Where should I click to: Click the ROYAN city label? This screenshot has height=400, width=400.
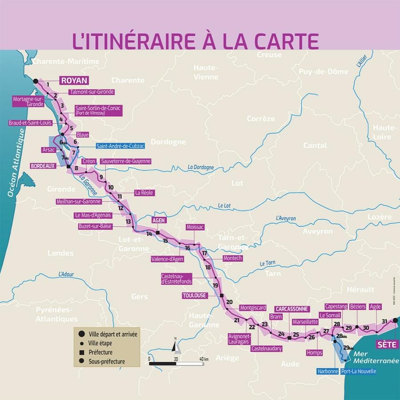point(74,80)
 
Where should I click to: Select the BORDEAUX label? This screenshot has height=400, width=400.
point(43,166)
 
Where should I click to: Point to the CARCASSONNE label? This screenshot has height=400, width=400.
point(291,309)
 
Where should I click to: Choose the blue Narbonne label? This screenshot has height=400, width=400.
point(328,371)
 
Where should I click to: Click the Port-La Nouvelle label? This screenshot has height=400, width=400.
point(359,371)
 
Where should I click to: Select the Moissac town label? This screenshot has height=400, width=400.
point(195,227)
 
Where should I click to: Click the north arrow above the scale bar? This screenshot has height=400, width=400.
point(176,345)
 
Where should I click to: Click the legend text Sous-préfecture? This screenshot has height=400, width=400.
point(107,361)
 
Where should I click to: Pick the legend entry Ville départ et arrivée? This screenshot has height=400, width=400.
point(113,334)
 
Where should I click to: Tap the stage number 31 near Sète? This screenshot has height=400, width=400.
point(384,321)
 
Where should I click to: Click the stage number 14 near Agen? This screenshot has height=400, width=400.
point(149,234)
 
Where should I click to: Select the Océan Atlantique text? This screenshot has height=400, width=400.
point(15,162)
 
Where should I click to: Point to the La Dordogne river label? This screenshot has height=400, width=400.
point(201,168)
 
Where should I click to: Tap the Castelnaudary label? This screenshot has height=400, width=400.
point(267,349)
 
